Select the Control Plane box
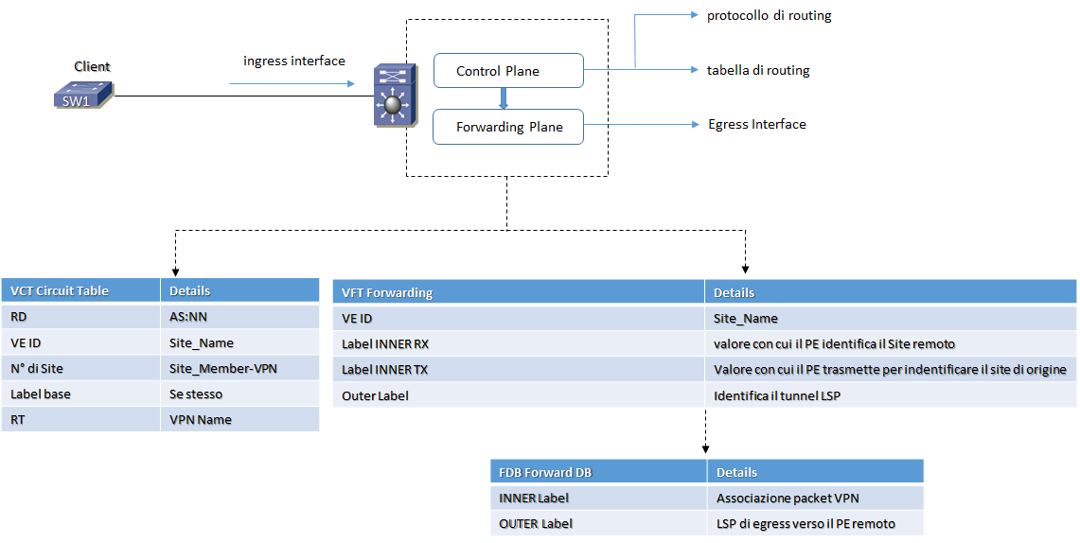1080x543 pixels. tap(507, 71)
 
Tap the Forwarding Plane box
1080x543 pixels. tap(507, 127)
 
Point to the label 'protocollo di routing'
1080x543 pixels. tap(769, 16)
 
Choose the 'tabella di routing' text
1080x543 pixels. tap(757, 71)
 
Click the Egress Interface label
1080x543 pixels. tap(756, 124)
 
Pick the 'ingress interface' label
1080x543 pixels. tap(293, 61)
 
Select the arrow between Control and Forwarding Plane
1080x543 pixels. tap(504, 98)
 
